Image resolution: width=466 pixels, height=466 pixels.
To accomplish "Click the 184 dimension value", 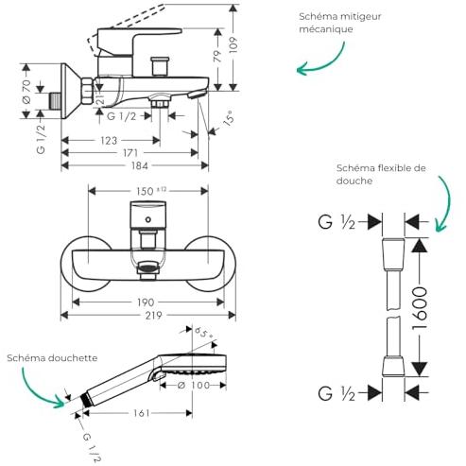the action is pyautogui.click(x=140, y=165).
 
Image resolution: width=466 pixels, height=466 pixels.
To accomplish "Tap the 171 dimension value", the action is pyautogui.click(x=130, y=153).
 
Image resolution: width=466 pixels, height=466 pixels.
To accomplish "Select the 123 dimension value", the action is pyautogui.click(x=109, y=141).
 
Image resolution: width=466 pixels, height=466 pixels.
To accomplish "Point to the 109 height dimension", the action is pyautogui.click(x=233, y=44).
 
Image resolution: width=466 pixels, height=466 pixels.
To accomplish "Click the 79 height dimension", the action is pyautogui.click(x=218, y=57).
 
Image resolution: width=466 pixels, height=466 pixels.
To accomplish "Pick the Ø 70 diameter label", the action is pyautogui.click(x=26, y=92).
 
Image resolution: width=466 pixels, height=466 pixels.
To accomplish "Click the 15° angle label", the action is pyautogui.click(x=230, y=118).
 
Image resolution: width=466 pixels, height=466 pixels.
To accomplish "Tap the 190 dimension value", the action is pyautogui.click(x=146, y=302).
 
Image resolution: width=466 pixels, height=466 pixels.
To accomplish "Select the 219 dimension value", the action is pyautogui.click(x=153, y=315).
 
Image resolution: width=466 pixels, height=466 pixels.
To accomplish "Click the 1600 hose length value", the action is pyautogui.click(x=420, y=308).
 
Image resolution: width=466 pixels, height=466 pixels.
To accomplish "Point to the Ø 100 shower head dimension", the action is pyautogui.click(x=194, y=385).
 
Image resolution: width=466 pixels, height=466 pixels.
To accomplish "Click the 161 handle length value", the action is pyautogui.click(x=141, y=413).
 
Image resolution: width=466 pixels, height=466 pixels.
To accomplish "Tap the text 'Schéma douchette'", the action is pyautogui.click(x=52, y=358).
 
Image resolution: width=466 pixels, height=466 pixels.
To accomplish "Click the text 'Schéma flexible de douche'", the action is pyautogui.click(x=381, y=174).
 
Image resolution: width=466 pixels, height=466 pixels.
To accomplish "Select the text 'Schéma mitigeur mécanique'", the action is pyautogui.click(x=340, y=23).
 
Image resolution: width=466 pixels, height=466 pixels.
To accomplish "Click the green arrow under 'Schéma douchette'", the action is pyautogui.click(x=39, y=389).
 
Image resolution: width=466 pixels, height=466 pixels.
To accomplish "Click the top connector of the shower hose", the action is pyautogui.click(x=393, y=254).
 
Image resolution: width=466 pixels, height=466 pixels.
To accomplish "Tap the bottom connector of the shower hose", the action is pyautogui.click(x=393, y=366).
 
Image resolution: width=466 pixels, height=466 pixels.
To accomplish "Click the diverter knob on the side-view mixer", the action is pyautogui.click(x=160, y=66).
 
